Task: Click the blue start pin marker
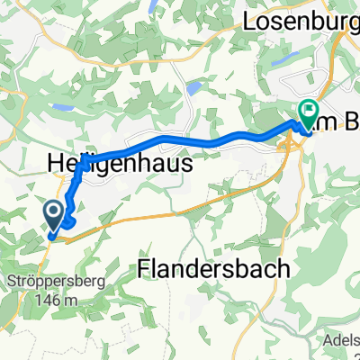(53, 214)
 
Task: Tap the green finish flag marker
(308, 112)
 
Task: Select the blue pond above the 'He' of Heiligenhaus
(62, 107)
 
